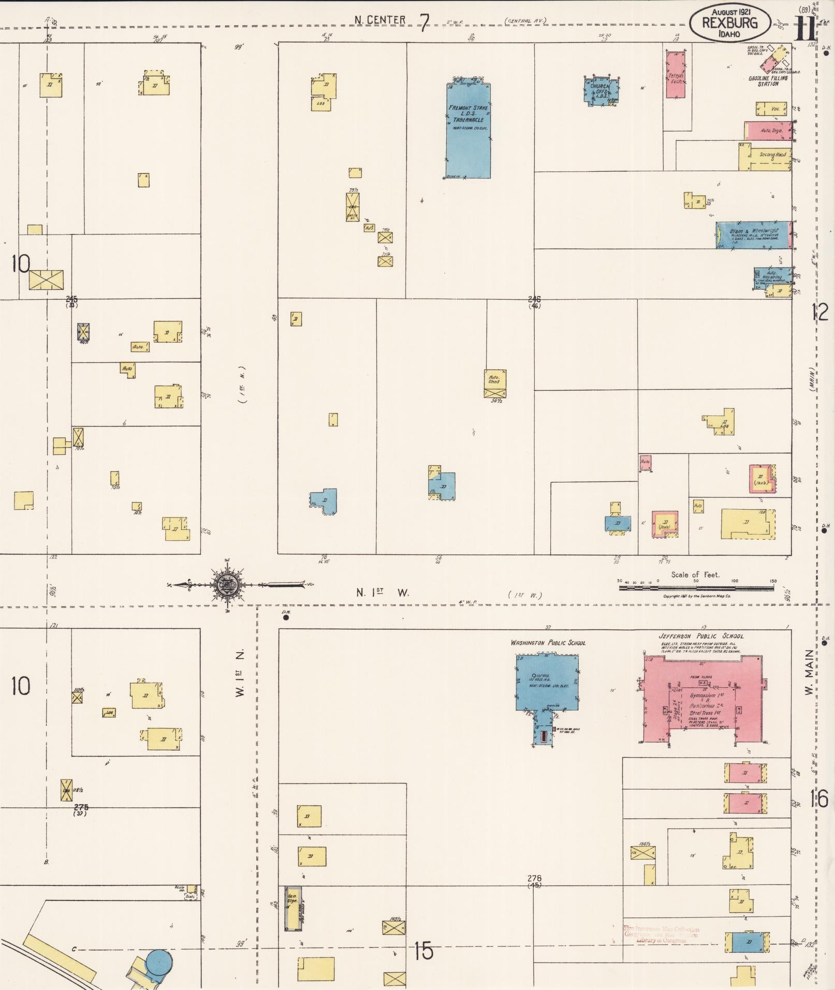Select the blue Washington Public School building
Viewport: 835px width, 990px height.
click(x=546, y=683)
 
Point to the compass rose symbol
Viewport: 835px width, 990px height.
click(x=228, y=585)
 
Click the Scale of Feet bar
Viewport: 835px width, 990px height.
click(x=697, y=587)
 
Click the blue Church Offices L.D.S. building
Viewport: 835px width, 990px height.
click(x=600, y=91)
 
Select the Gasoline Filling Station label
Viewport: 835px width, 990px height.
click(x=768, y=81)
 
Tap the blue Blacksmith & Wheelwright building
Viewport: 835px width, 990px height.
click(x=753, y=235)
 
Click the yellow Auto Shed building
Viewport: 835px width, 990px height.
click(x=495, y=383)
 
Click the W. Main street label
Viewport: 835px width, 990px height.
click(x=810, y=673)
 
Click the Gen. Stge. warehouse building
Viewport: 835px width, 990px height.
click(x=293, y=908)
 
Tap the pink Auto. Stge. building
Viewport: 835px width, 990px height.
click(x=768, y=131)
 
